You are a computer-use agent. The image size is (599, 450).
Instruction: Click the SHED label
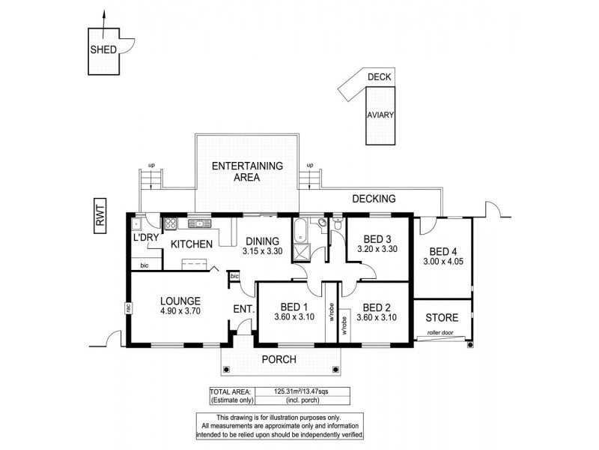[101, 50]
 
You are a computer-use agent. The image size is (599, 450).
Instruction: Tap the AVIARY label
[380, 115]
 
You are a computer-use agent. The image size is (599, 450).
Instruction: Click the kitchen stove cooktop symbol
[170, 223]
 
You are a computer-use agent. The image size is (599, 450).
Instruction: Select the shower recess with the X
[301, 253]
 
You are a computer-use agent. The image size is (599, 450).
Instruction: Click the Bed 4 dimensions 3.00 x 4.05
[444, 263]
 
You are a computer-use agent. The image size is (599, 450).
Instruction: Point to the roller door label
[442, 331]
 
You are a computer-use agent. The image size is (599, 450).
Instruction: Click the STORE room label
[442, 318]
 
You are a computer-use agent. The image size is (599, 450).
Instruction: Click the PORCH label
[278, 359]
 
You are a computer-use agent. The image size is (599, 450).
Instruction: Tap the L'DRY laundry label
[144, 238]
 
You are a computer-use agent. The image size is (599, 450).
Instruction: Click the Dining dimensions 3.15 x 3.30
[262, 253]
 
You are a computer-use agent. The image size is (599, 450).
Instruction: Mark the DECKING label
[374, 199]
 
